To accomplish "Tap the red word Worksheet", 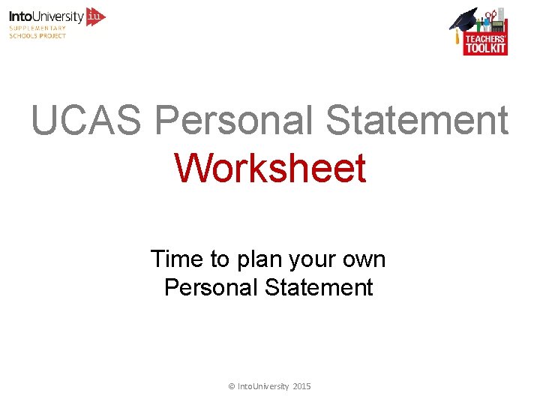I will [270, 168].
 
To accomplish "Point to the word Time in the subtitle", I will [177, 259].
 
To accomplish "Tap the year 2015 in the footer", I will [301, 386].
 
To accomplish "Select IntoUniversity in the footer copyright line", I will [262, 386].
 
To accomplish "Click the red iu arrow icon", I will [96, 16].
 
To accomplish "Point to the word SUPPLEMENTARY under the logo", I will [37, 28].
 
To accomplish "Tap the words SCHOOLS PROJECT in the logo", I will [37, 36].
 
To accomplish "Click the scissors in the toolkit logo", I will [491, 15].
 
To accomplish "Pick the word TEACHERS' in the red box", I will [485, 38].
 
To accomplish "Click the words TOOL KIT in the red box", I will [485, 49].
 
